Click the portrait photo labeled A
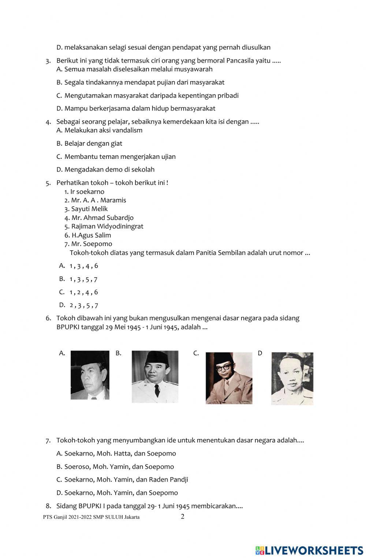pyautogui.click(x=90, y=375)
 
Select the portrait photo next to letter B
pyautogui.click(x=155, y=377)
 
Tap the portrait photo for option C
pyautogui.click(x=229, y=378)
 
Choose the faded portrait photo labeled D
pyautogui.click(x=292, y=378)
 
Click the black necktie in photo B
pyautogui.click(x=157, y=391)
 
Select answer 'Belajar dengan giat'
pyautogui.click(x=93, y=143)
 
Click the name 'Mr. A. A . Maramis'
pyautogui.click(x=98, y=200)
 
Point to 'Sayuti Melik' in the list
pyautogui.click(x=89, y=209)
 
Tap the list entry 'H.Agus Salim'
pyautogui.click(x=91, y=235)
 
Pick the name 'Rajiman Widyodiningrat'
pyautogui.click(x=107, y=226)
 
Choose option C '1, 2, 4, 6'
pyautogui.click(x=83, y=292)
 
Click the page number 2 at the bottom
pyautogui.click(x=183, y=516)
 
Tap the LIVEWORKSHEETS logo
pyautogui.click(x=309, y=550)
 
